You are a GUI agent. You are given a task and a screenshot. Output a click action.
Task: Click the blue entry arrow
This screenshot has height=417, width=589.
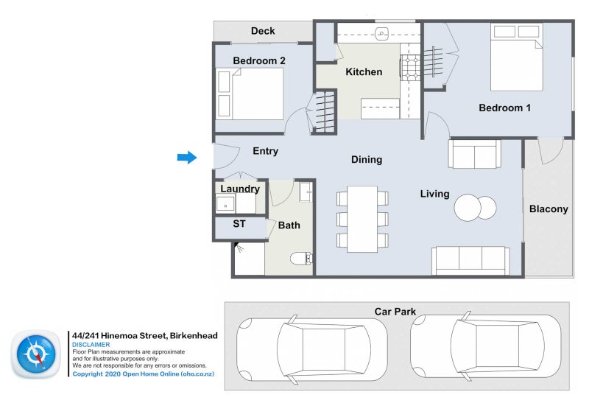click(187, 158)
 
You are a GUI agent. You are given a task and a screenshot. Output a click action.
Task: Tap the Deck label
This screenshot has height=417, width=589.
click(263, 31)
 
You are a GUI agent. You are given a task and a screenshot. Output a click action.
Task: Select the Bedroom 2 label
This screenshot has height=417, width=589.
click(259, 60)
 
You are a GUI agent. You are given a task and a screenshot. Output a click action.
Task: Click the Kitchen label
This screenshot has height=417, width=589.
click(364, 71)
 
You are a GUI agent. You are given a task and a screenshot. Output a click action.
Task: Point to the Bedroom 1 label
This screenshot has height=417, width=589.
click(504, 108)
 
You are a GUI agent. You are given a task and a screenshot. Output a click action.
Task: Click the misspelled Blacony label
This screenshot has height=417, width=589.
click(549, 209)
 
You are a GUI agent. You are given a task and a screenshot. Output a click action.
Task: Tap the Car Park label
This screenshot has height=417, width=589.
click(395, 312)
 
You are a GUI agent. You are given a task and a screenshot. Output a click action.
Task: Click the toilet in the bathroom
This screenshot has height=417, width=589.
click(301, 259)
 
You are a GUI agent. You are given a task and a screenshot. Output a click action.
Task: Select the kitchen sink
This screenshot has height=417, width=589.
click(381, 34)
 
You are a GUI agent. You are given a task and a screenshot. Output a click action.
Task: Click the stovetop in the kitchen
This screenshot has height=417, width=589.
click(410, 68)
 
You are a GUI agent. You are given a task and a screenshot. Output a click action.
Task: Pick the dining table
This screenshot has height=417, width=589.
click(362, 220)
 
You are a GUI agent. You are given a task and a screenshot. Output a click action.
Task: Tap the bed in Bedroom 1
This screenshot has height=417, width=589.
click(517, 57)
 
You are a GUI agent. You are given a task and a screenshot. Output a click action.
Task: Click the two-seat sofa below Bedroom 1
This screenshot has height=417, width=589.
click(474, 154)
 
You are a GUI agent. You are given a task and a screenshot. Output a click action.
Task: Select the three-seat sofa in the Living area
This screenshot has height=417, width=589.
click(470, 261)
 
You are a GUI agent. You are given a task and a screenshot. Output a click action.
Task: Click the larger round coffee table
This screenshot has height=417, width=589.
click(468, 208)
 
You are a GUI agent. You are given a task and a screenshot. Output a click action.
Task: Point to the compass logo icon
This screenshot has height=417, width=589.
click(36, 354)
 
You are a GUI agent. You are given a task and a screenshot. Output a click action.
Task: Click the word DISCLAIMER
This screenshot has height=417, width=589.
click(91, 344)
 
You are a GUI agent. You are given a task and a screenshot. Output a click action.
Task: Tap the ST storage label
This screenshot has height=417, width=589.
click(239, 224)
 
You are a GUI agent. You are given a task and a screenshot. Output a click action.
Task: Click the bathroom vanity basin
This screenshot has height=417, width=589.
click(306, 192)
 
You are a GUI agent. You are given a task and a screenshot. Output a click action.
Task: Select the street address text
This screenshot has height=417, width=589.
click(144, 335)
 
